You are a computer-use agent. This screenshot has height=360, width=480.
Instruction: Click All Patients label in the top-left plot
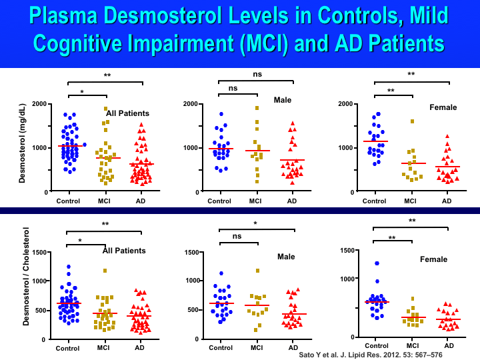(x=127, y=113)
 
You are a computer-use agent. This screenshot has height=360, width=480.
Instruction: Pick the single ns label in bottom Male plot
(x=237, y=235)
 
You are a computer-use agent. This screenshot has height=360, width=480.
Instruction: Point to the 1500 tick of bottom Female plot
(x=345, y=250)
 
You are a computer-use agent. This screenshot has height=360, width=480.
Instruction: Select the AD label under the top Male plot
(x=292, y=201)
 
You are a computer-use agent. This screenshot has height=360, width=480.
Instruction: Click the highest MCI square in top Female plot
(x=413, y=121)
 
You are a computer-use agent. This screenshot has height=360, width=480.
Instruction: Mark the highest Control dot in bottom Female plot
(x=377, y=264)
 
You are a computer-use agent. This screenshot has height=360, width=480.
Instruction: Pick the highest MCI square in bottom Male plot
(x=257, y=271)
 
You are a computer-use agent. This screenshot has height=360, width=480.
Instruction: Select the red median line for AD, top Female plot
(x=447, y=167)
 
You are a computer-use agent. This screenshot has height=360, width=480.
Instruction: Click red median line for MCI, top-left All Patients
(x=105, y=158)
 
